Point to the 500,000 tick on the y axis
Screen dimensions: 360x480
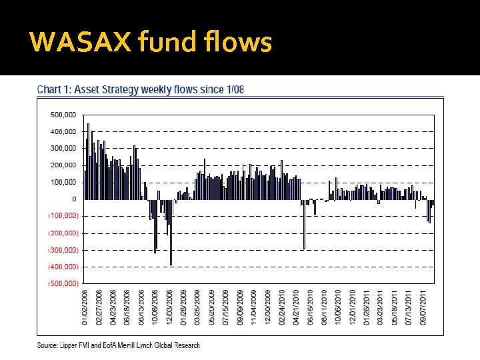point(63,115)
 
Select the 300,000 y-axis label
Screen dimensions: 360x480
point(63,149)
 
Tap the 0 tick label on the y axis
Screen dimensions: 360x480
point(73,199)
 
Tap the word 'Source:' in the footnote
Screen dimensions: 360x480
point(47,345)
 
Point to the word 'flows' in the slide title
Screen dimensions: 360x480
point(239,42)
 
